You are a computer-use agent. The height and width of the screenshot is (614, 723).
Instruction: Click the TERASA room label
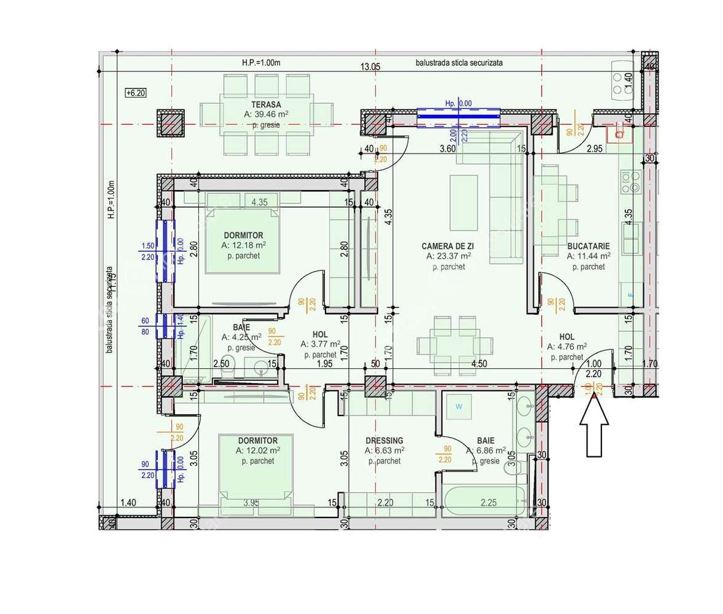(266, 104)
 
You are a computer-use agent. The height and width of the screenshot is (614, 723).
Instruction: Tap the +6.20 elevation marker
(135, 93)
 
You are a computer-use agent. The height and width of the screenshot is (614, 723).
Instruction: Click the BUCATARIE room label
(588, 245)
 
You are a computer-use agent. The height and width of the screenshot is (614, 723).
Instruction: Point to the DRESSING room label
(384, 441)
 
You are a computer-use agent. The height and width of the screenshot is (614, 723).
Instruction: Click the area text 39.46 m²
(266, 114)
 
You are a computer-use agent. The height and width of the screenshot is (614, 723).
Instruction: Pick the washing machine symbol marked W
(458, 406)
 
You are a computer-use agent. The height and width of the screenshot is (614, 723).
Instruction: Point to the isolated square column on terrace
(170, 123)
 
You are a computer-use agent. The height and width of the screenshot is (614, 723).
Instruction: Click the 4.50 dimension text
(479, 363)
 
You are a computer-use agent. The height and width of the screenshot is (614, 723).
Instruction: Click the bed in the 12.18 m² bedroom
(242, 242)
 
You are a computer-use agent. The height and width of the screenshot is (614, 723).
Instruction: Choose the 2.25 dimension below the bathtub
(488, 502)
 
